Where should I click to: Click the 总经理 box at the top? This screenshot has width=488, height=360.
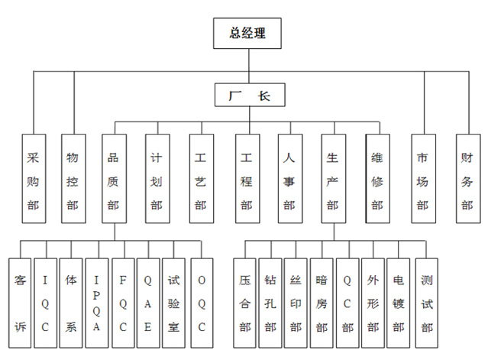tap(247, 34)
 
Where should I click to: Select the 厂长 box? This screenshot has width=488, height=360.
tap(250, 95)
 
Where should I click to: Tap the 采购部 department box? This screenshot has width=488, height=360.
tap(34, 179)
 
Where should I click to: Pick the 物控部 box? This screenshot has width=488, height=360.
tap(73, 179)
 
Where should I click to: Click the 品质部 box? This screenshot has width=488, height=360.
tap(115, 179)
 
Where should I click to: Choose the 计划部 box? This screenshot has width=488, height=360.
tap(158, 179)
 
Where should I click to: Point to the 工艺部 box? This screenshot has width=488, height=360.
tap(202, 179)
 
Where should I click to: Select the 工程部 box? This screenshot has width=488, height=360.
tap(247, 179)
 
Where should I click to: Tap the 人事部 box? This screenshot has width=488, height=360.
tap(290, 179)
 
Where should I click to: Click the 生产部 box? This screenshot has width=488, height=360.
tap(334, 179)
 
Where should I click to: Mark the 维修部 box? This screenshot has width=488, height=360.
tap(378, 179)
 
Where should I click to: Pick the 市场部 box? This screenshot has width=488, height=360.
tap(424, 179)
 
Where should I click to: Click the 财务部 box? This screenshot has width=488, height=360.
tap(468, 179)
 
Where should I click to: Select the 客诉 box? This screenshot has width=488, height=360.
tap(20, 303)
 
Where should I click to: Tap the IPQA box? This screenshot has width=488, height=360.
tap(97, 303)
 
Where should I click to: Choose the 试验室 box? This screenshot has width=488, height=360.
tap(173, 303)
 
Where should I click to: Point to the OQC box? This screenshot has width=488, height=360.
tap(202, 303)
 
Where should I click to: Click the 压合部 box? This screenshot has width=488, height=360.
tap(244, 303)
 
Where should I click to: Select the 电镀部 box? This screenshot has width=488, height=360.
tap(399, 303)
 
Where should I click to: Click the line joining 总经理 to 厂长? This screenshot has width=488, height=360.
tap(249, 66)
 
